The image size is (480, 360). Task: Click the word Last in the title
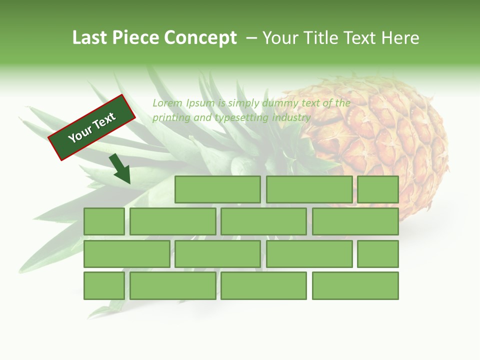[90, 38]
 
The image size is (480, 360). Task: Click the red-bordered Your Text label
[92, 127]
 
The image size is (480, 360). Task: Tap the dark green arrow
[120, 169]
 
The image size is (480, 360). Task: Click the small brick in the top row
[378, 189]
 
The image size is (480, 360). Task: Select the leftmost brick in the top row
[217, 189]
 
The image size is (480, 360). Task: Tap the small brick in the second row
[104, 221]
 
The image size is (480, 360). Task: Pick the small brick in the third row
[378, 254]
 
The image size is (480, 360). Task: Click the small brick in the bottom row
[104, 286]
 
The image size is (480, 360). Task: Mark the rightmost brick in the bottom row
[355, 286]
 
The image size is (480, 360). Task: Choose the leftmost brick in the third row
[126, 254]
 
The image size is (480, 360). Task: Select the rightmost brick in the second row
[355, 221]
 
